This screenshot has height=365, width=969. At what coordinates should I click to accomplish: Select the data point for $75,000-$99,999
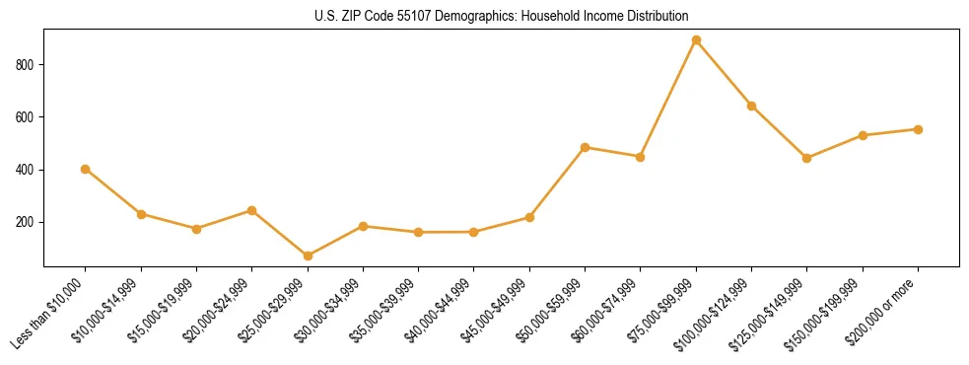[696, 40]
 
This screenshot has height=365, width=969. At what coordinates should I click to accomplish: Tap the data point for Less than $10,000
[86, 169]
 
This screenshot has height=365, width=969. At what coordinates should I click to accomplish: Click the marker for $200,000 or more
[918, 129]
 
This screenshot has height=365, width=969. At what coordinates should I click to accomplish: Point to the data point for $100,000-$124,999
[751, 106]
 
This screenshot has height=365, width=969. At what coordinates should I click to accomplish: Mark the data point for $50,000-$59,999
[586, 147]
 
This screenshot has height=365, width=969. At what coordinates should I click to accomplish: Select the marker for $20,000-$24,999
[252, 210]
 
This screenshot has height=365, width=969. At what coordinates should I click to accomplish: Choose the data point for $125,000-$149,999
[807, 158]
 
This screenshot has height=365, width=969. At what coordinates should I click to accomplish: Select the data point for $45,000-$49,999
[529, 217]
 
